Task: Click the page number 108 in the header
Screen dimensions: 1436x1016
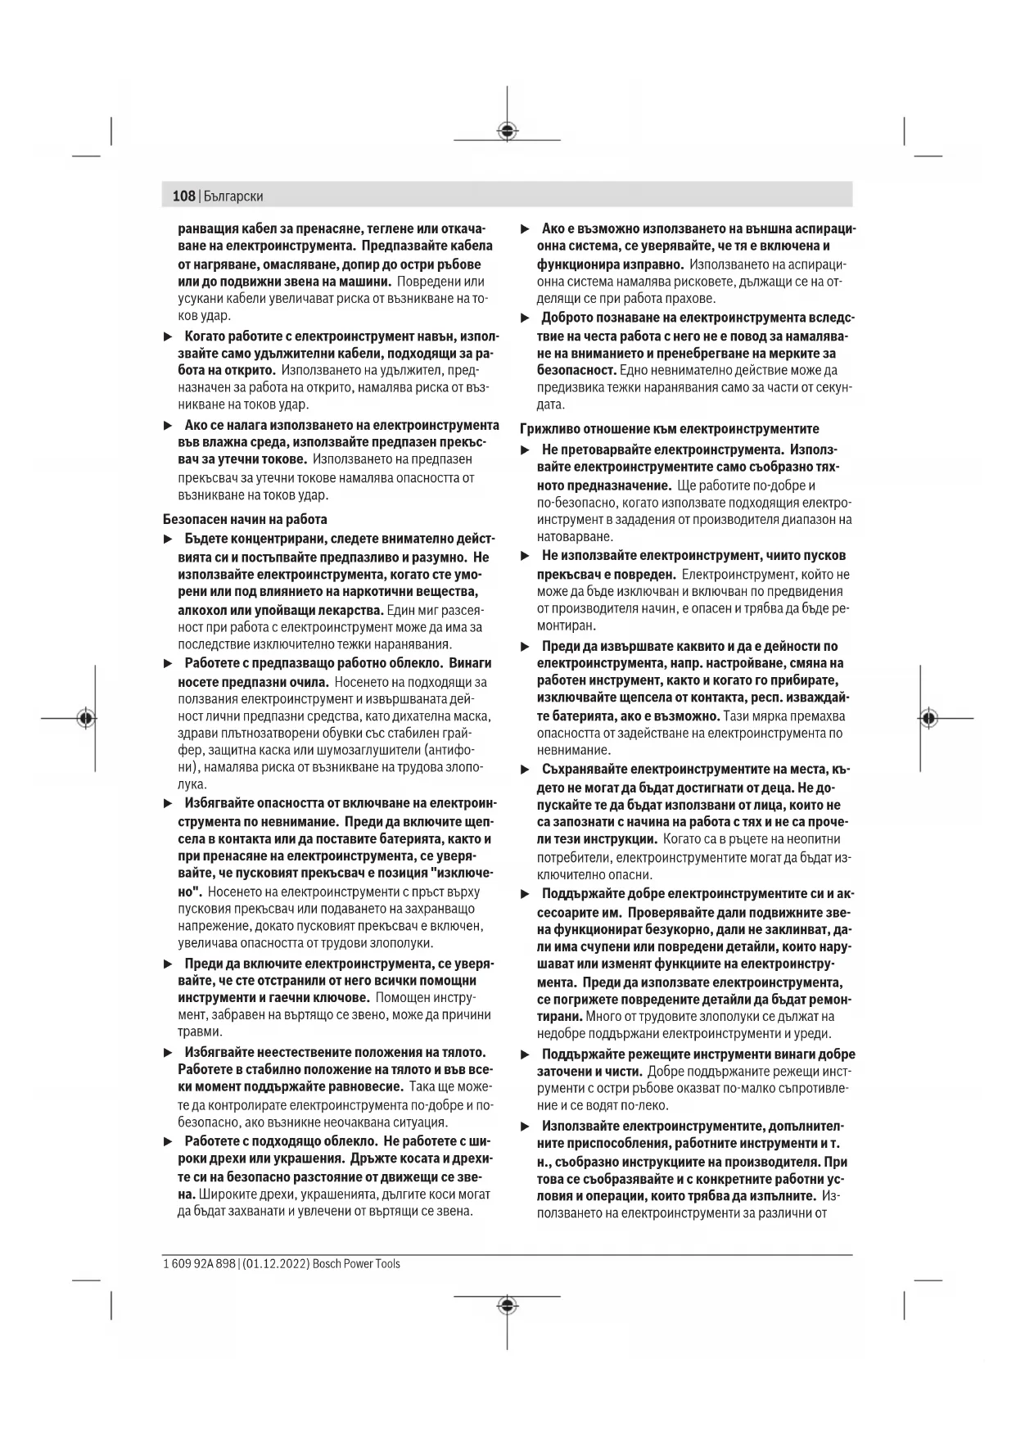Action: [184, 196]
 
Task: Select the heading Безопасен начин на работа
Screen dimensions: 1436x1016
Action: [245, 519]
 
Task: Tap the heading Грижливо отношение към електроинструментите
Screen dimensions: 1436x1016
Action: [670, 429]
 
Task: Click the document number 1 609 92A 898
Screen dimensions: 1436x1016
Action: [199, 1263]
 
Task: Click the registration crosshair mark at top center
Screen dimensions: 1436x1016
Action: [508, 129]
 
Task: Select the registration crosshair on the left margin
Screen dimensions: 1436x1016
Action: [86, 718]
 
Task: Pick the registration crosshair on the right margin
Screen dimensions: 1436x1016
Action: [928, 718]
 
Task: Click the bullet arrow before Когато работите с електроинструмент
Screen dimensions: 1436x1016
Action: [168, 336]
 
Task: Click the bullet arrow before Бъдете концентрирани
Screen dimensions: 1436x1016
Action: [168, 539]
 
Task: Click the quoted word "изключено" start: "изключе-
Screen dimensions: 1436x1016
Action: [459, 874]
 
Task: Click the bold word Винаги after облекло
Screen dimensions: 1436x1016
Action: [471, 663]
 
